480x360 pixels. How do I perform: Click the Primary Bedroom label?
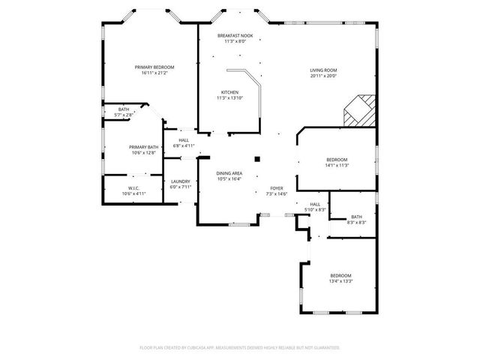[149, 67]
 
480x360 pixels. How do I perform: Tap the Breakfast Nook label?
[235, 36]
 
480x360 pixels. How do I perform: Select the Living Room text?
[323, 71]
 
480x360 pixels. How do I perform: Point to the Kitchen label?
[229, 93]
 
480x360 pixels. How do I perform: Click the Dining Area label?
[229, 173]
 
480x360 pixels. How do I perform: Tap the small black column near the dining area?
[257, 159]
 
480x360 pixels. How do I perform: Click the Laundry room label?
[180, 181]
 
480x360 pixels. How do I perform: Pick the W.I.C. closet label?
[133, 188]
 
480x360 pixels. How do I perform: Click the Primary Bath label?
[143, 147]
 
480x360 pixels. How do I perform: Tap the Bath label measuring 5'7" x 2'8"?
[124, 109]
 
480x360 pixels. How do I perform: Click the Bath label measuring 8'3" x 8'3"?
[355, 217]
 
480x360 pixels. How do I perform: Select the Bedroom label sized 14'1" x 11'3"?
[337, 160]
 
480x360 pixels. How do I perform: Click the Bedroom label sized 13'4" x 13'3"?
[340, 276]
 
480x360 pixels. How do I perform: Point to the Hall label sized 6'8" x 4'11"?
[184, 140]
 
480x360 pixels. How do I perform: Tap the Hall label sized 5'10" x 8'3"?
[316, 204]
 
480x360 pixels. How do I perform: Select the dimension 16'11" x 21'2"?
[149, 73]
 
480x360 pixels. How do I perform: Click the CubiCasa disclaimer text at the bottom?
[240, 348]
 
